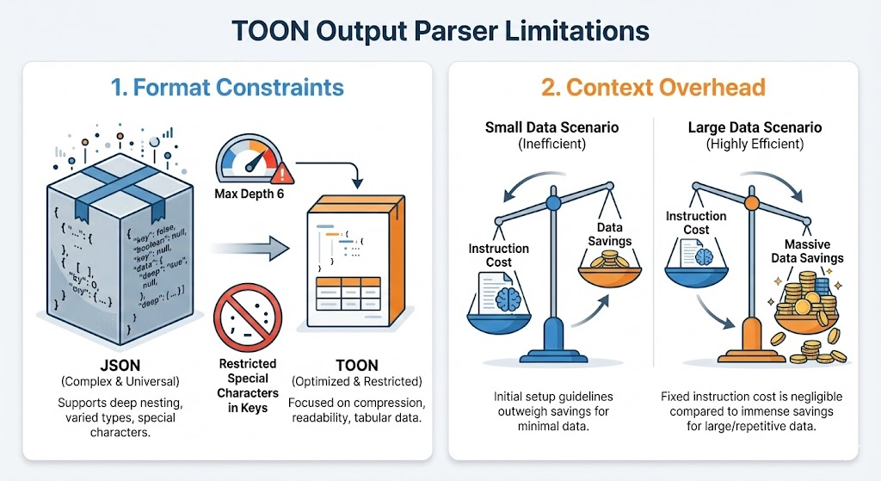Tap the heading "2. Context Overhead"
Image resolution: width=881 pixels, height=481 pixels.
653,87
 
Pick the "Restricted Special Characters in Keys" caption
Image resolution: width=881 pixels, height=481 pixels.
249,379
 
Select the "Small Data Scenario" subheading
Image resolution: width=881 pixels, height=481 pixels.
551,127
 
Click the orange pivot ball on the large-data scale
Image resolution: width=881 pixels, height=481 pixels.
750,204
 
